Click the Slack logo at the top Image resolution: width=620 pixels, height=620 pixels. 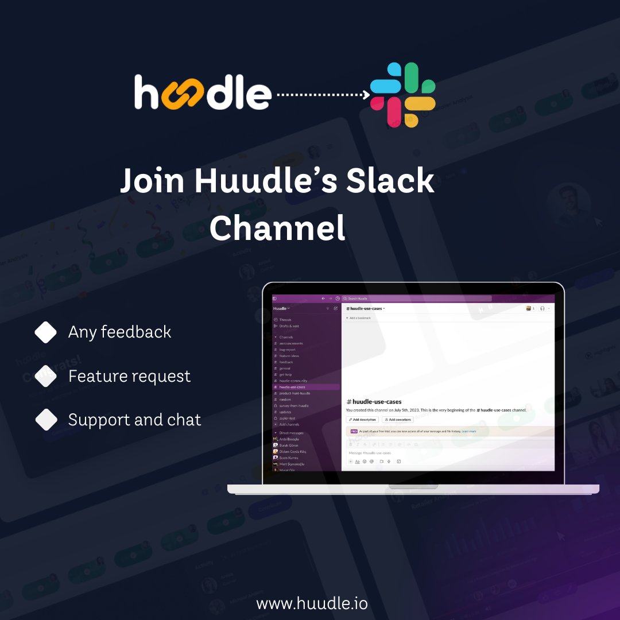[402, 95]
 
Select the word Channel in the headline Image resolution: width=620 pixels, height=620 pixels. [277, 228]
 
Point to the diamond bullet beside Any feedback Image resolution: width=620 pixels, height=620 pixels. [46, 332]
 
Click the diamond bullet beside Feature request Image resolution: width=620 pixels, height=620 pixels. [46, 377]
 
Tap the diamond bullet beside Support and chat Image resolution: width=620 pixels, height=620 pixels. [46, 420]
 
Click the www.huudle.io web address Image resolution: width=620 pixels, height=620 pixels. [312, 603]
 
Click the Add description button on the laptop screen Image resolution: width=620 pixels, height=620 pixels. [362, 420]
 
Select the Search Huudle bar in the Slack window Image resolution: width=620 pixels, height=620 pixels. [416, 299]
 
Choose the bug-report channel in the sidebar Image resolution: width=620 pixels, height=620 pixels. [287, 350]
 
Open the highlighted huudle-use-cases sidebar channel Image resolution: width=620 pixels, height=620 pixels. [292, 387]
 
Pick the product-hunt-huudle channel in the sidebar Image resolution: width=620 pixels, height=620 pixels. [294, 393]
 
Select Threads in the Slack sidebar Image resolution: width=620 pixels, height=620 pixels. [285, 320]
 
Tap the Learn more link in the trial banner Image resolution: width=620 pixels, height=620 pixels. [468, 431]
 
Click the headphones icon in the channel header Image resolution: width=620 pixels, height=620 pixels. [542, 309]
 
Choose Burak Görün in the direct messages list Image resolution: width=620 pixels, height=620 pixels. [289, 445]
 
